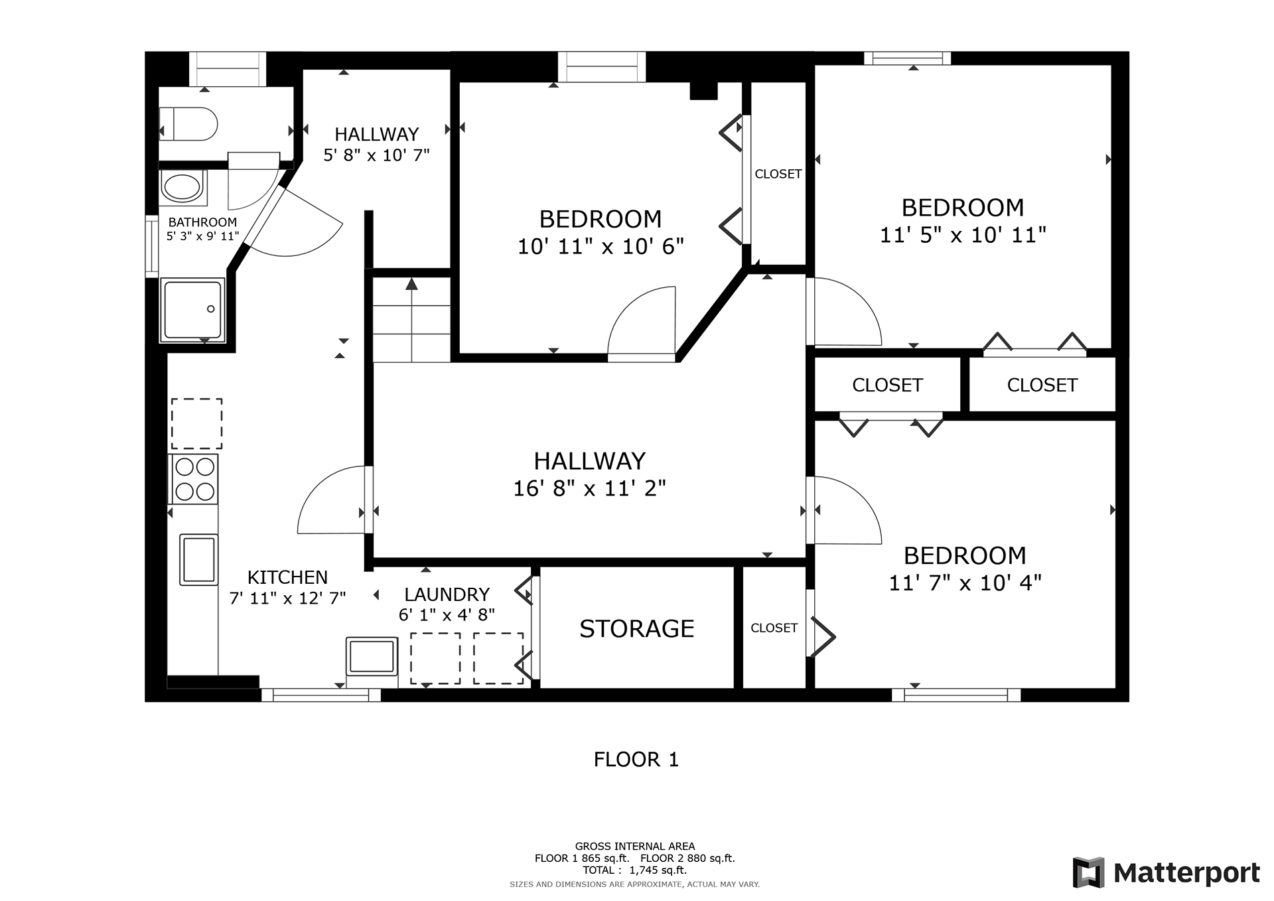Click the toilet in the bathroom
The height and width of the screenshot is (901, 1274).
coord(188,124)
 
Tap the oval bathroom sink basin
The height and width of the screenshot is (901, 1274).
coord(183,187)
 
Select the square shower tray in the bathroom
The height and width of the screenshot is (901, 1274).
coord(192,310)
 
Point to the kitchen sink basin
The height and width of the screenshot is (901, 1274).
coord(198,560)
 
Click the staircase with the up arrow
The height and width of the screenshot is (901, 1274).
coord(412,319)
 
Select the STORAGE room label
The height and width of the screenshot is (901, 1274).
coord(637,628)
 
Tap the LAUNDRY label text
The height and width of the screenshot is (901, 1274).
coord(447,594)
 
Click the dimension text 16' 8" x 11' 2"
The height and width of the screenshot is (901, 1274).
coord(589,488)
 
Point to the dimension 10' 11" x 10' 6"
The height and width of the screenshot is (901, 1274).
coord(601,246)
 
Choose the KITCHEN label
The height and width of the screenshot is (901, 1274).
coord(287,577)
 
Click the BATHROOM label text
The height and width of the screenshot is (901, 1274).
coord(202,222)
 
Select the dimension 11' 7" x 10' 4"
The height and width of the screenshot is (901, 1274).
coord(965,583)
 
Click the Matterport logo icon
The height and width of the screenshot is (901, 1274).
coord(1089,872)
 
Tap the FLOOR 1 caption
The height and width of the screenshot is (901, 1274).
coord(636,759)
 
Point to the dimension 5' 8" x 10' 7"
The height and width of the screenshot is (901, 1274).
coord(376,155)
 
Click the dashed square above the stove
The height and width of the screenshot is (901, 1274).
coord(197,424)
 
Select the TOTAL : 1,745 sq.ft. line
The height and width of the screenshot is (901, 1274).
coord(635,870)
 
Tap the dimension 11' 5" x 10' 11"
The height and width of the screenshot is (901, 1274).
coord(963,235)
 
